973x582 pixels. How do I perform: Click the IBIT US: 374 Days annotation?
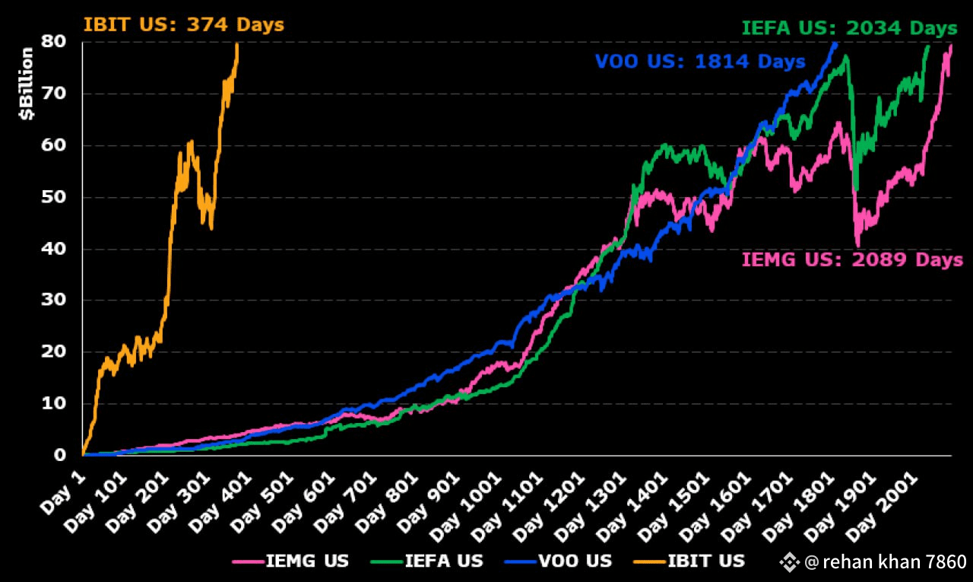tap(183, 24)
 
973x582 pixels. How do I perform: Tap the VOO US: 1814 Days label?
tap(699, 62)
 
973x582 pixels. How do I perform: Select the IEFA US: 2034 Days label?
tap(848, 29)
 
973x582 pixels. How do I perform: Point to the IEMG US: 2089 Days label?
tap(852, 259)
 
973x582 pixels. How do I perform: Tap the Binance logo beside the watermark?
tap(790, 562)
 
